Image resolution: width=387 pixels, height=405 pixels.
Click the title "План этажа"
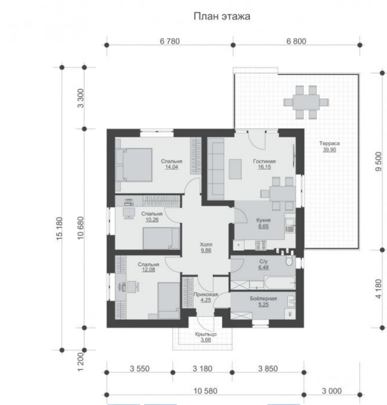tap(222, 16)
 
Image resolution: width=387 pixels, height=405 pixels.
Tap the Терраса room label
tap(329, 143)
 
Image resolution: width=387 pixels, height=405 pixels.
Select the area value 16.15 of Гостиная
tap(265, 167)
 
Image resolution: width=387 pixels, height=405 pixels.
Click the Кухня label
tap(263, 220)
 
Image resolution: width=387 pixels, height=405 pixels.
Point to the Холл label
tap(206, 245)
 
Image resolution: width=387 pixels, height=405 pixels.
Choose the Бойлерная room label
tap(263, 298)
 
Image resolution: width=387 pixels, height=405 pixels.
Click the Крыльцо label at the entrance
tap(206, 334)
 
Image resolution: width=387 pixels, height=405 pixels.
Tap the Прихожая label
tap(206, 294)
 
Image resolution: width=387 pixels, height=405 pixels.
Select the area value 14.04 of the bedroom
tap(171, 167)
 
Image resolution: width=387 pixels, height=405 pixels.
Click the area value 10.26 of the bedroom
tap(152, 220)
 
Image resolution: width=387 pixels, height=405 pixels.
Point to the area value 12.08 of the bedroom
tap(148, 270)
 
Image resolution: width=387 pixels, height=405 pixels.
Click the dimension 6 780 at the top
tap(170, 41)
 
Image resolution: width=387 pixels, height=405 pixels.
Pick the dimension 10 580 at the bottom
tap(205, 391)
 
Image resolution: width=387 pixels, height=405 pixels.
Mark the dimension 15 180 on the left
tap(59, 229)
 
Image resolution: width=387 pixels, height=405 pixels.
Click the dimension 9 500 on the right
tap(379, 161)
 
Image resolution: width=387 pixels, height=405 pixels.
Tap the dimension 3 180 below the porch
tap(202, 368)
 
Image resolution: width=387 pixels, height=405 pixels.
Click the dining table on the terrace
tap(306, 102)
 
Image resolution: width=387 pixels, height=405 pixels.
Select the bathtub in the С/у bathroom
tap(279, 283)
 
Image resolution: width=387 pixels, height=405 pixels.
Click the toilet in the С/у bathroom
tap(289, 261)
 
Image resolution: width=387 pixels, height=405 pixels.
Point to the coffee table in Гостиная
tap(235, 169)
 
